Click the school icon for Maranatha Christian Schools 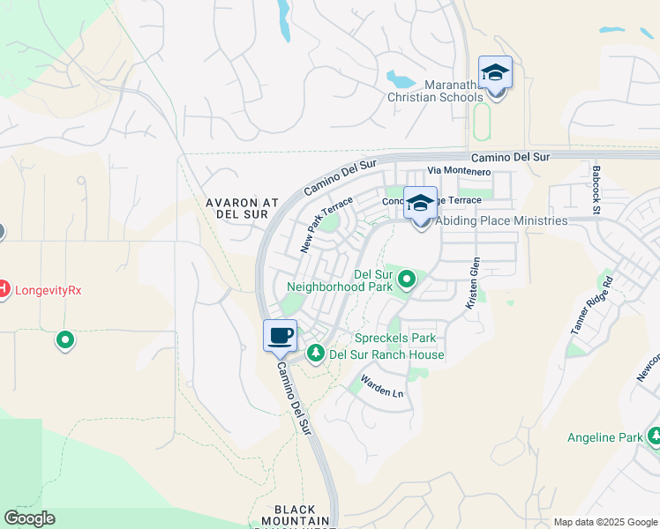tap(495, 73)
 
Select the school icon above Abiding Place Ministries tap(421, 203)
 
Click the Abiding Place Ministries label tap(499, 220)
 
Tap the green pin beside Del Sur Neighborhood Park tap(407, 280)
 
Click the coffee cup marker tap(281, 336)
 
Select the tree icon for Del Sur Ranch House tap(316, 354)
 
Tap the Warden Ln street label tap(381, 386)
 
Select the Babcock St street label tap(596, 190)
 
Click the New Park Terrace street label tap(319, 225)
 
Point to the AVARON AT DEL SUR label tap(242, 208)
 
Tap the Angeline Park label tap(604, 436)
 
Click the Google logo tap(29, 518)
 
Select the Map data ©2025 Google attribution tap(604, 522)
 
